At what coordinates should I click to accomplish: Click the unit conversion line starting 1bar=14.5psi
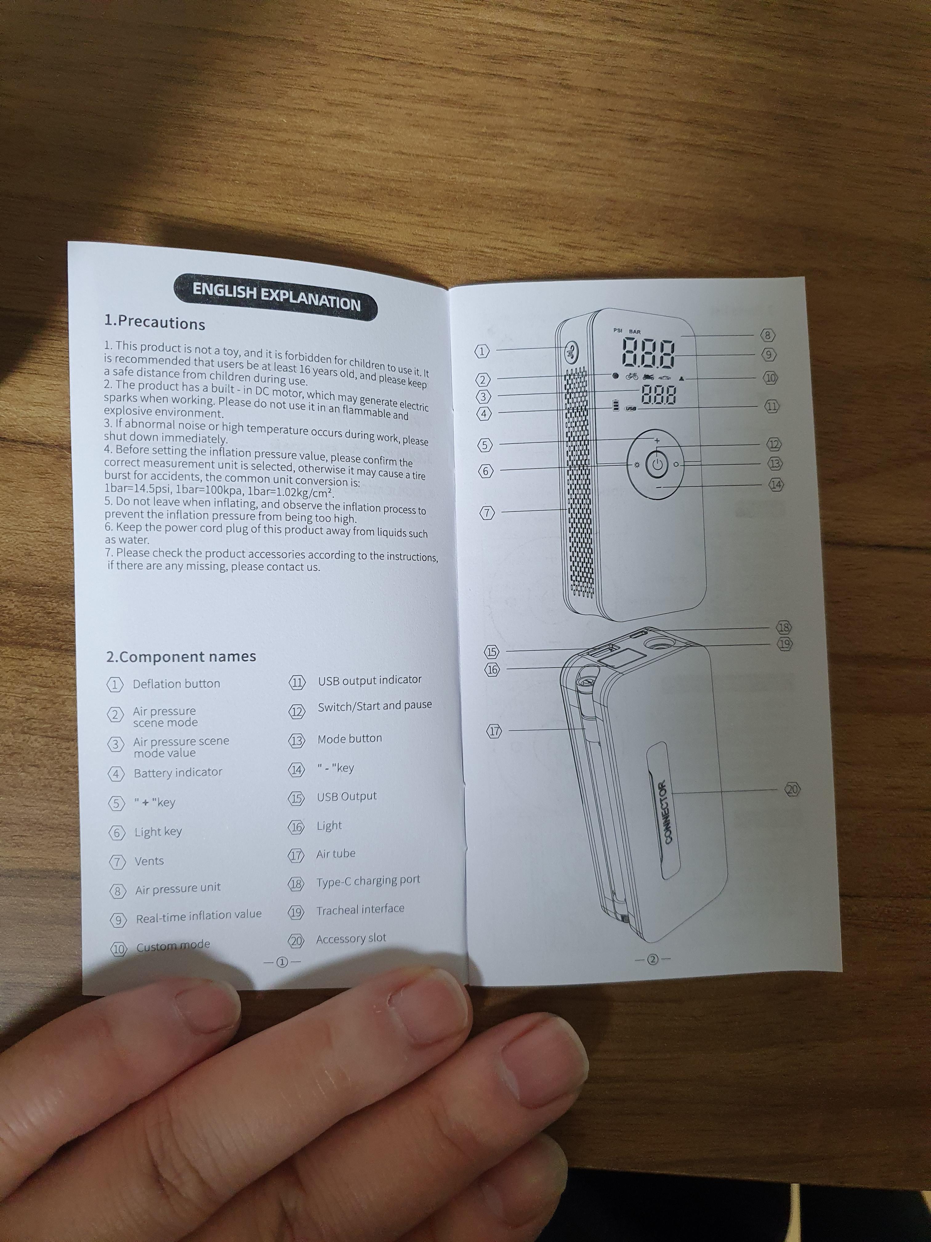pyautogui.click(x=220, y=490)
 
